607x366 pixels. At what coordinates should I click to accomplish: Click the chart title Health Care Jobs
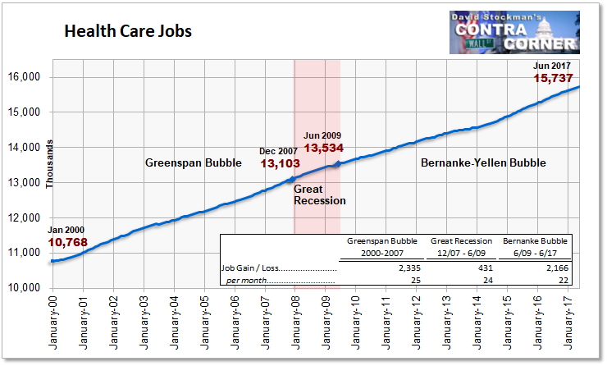128,31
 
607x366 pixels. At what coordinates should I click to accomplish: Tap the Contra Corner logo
514,33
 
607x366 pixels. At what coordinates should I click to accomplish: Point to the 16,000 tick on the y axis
24,76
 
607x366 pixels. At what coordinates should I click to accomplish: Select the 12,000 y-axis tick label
24,217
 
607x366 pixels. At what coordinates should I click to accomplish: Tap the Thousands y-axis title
49,164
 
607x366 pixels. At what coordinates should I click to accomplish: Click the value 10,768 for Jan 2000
68,242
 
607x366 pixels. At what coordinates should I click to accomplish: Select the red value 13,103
280,163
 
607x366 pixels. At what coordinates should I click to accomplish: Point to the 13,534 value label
324,148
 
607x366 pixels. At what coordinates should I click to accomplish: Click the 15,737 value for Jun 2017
553,78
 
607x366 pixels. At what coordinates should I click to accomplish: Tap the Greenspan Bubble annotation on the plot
193,162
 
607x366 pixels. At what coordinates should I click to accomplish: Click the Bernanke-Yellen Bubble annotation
483,162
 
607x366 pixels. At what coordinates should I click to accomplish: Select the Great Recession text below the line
320,194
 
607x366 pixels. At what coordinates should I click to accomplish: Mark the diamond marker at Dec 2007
293,180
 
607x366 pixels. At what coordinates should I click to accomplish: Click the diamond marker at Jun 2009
338,164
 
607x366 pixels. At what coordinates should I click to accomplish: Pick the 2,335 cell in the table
409,268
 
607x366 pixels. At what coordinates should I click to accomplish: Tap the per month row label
247,281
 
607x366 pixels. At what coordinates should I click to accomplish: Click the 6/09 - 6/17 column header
536,254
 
